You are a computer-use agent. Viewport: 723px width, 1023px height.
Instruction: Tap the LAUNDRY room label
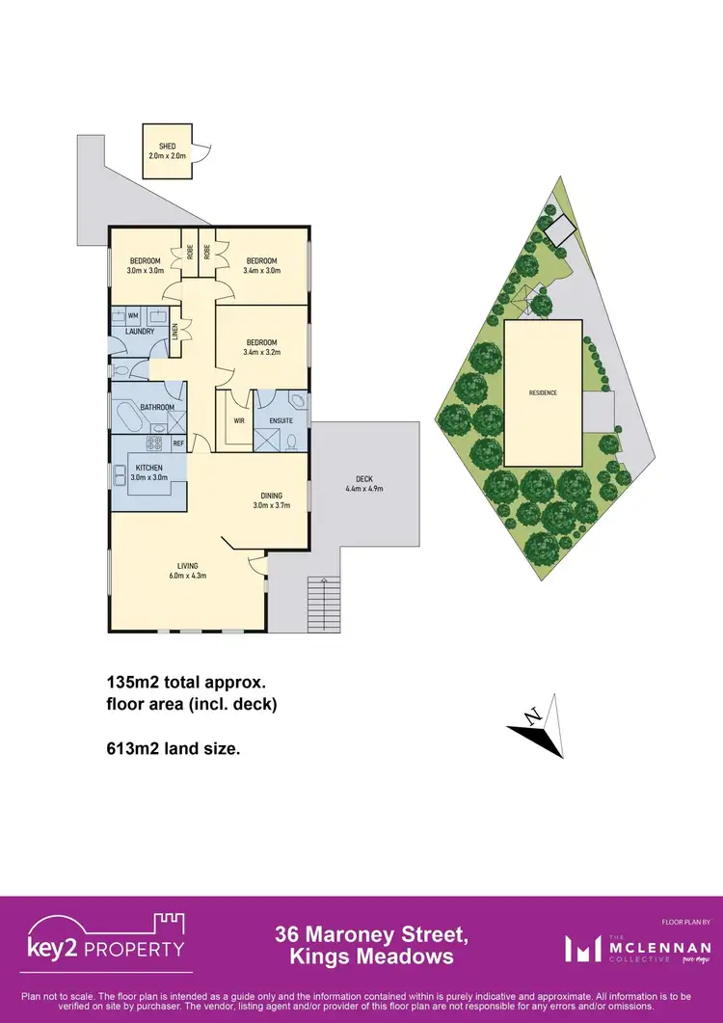(x=133, y=332)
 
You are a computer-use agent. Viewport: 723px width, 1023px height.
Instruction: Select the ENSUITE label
(x=281, y=420)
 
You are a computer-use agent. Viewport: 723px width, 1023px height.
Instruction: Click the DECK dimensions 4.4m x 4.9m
(x=364, y=488)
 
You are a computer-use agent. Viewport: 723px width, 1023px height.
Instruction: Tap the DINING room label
(x=270, y=496)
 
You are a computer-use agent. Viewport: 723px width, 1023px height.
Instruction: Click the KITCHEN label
(x=147, y=468)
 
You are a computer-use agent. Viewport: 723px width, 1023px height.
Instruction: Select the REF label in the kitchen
(x=178, y=444)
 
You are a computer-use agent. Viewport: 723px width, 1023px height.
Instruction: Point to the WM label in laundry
(x=132, y=315)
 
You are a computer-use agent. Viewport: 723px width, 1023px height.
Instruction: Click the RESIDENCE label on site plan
(x=542, y=392)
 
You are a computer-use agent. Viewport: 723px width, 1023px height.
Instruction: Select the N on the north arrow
(x=530, y=715)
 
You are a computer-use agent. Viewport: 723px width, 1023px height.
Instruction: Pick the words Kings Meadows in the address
(x=371, y=956)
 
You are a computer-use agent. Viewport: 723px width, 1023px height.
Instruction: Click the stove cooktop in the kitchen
(x=152, y=444)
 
